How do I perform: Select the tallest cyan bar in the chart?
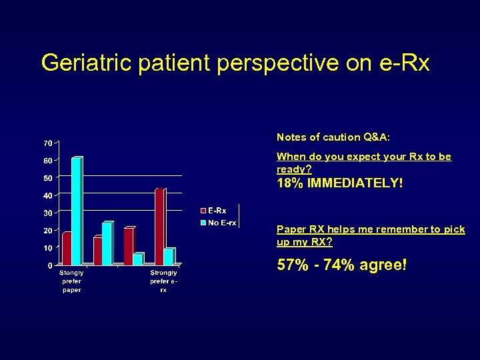click(x=77, y=211)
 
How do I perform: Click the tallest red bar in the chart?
click(x=159, y=227)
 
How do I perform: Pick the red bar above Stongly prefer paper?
click(x=66, y=248)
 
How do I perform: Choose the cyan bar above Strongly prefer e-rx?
click(x=169, y=257)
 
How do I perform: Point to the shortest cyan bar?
click(x=137, y=259)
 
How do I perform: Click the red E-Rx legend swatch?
click(x=203, y=211)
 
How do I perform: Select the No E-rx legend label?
click(x=222, y=223)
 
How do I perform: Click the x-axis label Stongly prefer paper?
click(x=71, y=281)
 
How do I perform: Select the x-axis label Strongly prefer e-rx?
click(x=163, y=281)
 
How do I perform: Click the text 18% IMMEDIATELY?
click(x=340, y=183)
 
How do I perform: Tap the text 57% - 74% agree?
click(x=341, y=265)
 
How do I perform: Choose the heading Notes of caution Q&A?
click(x=333, y=137)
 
